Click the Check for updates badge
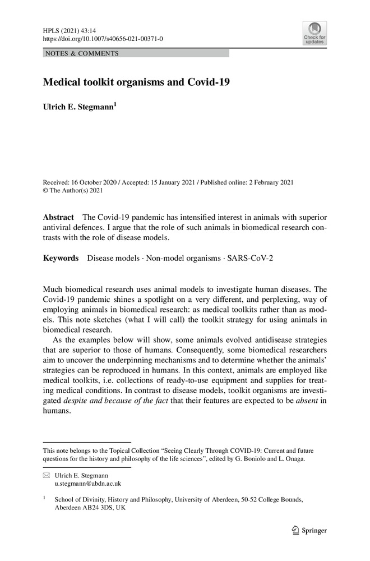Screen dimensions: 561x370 (314, 33)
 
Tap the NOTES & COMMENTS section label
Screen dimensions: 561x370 (81, 54)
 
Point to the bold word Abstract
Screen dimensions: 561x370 (58, 217)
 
